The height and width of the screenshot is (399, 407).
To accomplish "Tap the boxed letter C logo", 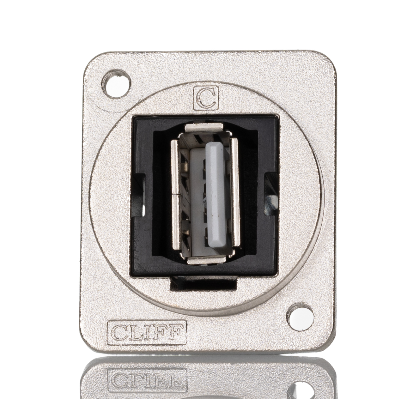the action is (x=206, y=99).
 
